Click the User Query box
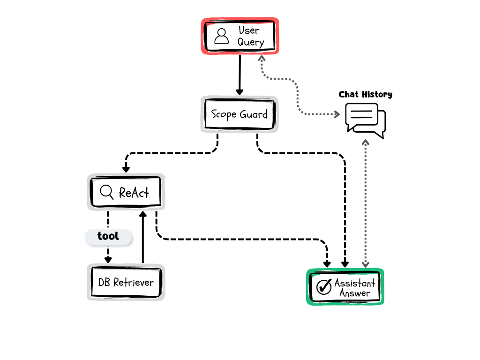pos(240,36)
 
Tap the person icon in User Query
pos(221,36)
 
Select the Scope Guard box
pos(240,114)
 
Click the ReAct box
pos(126,192)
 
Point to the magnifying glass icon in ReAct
pos(107,192)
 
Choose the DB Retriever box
pos(126,282)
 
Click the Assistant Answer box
pos(345,287)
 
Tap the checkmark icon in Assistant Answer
pos(324,287)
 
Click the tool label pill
pos(108,237)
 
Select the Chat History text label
pos(365,95)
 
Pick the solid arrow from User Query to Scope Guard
pos(240,75)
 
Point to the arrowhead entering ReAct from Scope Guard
pos(126,169)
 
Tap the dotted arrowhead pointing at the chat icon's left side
pos(337,114)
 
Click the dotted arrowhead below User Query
pos(262,59)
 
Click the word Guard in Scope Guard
pos(254,114)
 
